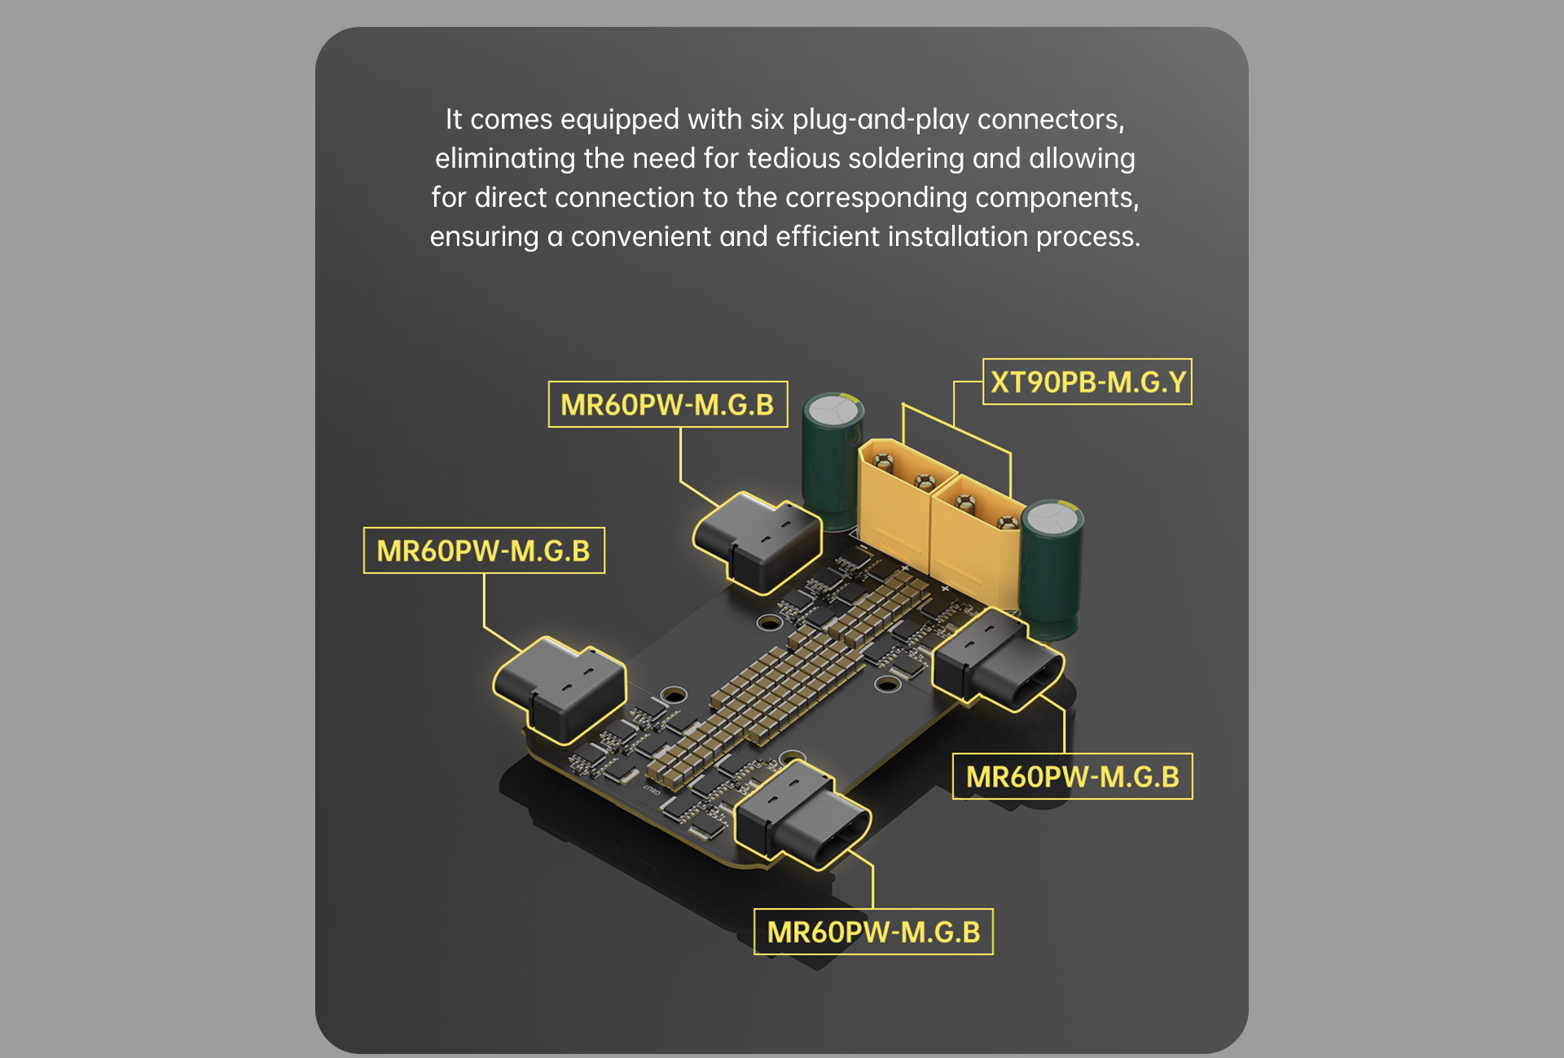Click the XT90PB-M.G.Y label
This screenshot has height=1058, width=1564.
point(1087,382)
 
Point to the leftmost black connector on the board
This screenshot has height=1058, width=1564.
point(560,689)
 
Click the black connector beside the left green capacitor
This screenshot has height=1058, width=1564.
point(758,542)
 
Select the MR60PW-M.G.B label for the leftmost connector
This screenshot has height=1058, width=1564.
point(484,551)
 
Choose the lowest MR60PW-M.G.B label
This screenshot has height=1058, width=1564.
point(873,932)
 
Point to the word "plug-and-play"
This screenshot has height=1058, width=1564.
point(881,121)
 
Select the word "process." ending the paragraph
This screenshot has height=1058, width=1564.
point(1088,238)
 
